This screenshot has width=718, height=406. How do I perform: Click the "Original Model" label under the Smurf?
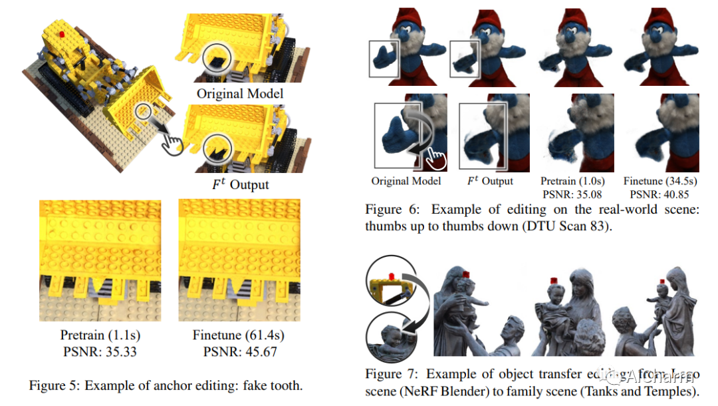click(x=406, y=181)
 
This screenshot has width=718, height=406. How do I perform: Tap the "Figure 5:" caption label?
click(x=57, y=385)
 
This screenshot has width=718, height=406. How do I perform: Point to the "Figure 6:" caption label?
click(x=392, y=210)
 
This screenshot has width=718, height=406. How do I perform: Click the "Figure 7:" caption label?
click(x=392, y=374)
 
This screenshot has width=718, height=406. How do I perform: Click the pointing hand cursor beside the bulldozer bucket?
click(x=174, y=142)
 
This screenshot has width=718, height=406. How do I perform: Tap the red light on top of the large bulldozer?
click(x=61, y=33)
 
